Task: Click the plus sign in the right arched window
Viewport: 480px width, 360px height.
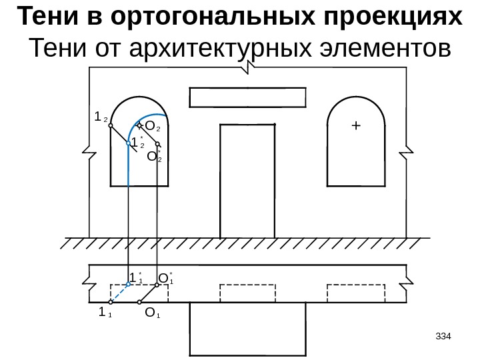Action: pos(355,125)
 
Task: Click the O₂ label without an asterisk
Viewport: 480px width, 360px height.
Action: pos(153,125)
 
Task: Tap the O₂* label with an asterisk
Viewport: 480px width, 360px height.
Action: pos(154,157)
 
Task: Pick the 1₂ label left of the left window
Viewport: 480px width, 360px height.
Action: pos(101,117)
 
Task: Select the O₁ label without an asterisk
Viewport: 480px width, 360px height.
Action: pos(151,312)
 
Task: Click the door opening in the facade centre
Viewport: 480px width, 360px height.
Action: pos(247,180)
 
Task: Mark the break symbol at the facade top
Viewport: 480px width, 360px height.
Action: pos(248,66)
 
